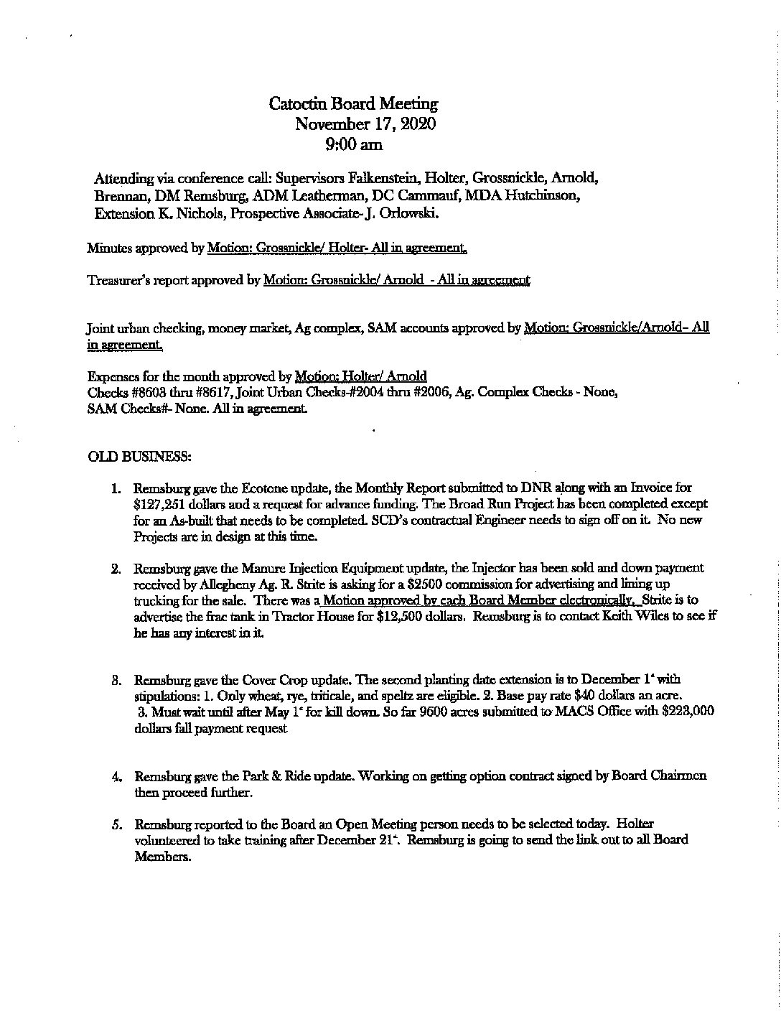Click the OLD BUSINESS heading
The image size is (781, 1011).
(x=139, y=456)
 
